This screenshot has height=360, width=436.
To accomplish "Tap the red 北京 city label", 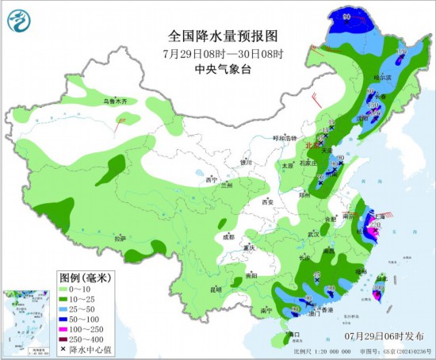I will point(312,146).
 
